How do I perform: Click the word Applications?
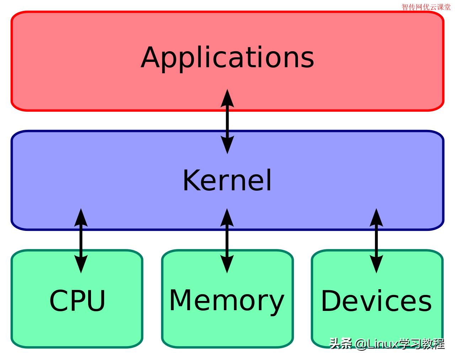(x=227, y=58)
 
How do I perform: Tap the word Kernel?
(x=227, y=181)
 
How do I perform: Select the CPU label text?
(x=77, y=301)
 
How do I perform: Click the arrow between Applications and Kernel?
(x=227, y=121)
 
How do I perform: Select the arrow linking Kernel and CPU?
(x=81, y=240)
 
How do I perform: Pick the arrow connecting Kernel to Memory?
(x=227, y=240)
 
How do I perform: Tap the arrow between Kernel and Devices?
(x=376, y=240)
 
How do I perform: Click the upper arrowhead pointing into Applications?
(x=227, y=98)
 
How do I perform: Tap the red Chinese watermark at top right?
(x=426, y=7)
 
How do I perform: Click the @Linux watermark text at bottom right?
(x=387, y=344)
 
